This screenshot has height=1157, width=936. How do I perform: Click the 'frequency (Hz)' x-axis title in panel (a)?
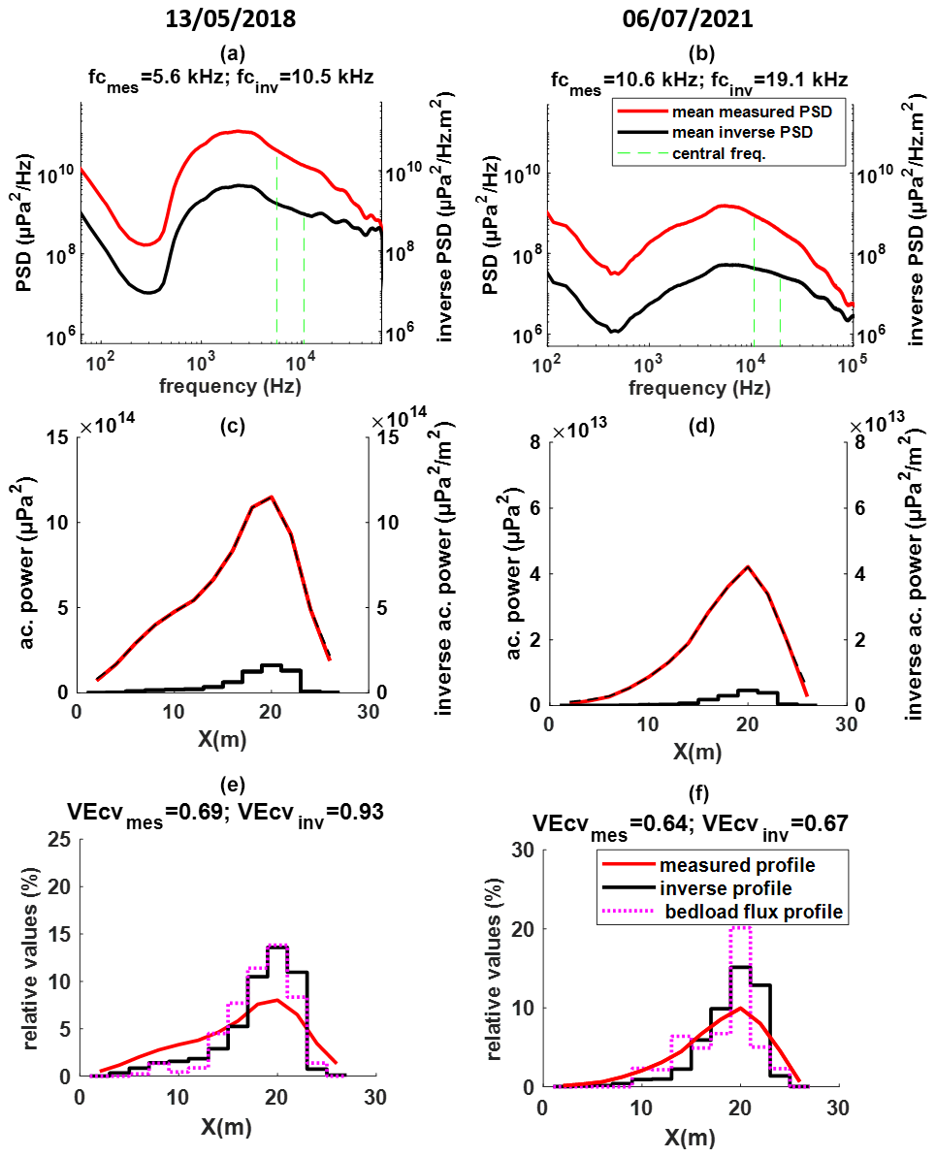230,386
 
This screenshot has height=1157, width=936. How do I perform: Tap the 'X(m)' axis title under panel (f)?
691,1133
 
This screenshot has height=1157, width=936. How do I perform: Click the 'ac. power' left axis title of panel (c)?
29,563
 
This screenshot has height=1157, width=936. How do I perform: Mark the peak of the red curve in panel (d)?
747,566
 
